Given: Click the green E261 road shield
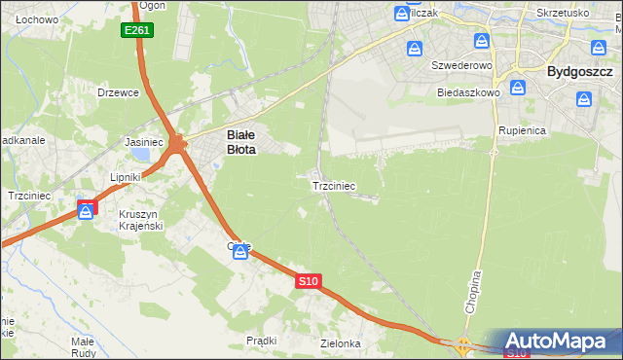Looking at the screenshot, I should click(136, 31).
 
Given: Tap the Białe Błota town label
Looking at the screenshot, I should click(241, 143).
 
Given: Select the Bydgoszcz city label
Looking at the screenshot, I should click(579, 71).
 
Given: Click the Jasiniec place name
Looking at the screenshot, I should click(143, 142).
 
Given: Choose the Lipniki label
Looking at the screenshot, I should click(126, 177).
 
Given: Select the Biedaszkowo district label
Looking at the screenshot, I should click(469, 92).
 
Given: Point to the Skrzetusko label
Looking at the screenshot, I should click(563, 13).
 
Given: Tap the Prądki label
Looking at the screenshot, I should click(262, 341).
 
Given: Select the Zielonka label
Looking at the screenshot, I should click(341, 343).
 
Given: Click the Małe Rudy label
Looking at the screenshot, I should click(83, 347).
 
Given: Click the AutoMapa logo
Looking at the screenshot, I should click(559, 342).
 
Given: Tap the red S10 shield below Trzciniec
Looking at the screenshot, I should click(308, 281).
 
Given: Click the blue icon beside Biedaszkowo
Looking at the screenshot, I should click(519, 88).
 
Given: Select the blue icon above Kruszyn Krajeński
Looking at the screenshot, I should click(87, 210).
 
